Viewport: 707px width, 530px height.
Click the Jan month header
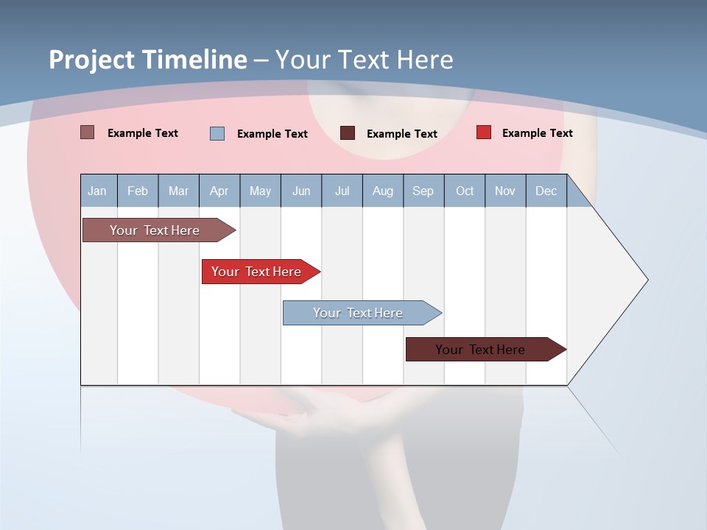point(97,191)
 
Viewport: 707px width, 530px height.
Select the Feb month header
point(138,191)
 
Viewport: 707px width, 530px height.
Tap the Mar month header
point(178,191)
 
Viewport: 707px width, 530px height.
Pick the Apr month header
point(219,191)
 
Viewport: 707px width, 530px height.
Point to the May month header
point(260,191)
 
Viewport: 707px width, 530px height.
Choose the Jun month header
point(301,191)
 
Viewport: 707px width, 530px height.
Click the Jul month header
point(342,191)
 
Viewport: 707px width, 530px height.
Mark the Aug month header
point(382,191)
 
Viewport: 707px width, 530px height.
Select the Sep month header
point(423,191)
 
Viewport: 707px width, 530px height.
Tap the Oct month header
point(465,191)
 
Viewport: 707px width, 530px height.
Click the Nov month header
point(505,191)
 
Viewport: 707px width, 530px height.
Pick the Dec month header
point(546,191)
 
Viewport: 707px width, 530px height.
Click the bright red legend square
point(484,132)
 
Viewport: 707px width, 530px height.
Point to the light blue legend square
point(217,133)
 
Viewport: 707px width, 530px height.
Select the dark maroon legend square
point(348,133)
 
